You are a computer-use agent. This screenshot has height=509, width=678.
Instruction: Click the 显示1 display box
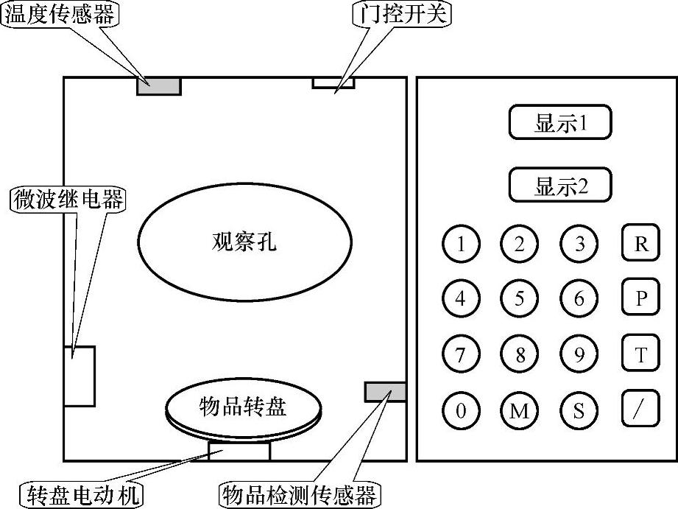click(x=560, y=122)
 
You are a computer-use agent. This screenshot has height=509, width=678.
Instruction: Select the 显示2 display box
click(x=560, y=185)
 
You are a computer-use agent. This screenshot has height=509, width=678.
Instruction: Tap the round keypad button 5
click(x=520, y=299)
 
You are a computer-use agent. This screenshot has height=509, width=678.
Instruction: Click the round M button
click(x=520, y=410)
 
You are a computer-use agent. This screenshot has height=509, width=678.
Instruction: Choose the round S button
click(x=579, y=410)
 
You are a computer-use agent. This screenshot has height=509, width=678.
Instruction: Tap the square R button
click(x=640, y=243)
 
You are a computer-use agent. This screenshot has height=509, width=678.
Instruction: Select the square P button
click(x=640, y=298)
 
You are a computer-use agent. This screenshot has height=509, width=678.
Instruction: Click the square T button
click(x=640, y=354)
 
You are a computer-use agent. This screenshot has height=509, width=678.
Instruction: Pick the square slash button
click(x=640, y=409)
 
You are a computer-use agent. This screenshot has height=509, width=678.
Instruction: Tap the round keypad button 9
click(x=579, y=354)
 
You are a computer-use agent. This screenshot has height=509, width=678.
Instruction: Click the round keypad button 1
click(x=461, y=244)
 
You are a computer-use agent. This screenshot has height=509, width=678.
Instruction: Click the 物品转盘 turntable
click(x=244, y=407)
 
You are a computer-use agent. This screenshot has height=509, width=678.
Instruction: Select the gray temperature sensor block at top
click(x=158, y=85)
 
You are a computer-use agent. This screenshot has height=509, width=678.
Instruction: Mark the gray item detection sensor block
click(x=385, y=392)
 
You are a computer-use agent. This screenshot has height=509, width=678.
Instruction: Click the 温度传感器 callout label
click(x=60, y=15)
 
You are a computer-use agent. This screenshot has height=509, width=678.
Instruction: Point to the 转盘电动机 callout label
click(x=81, y=493)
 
